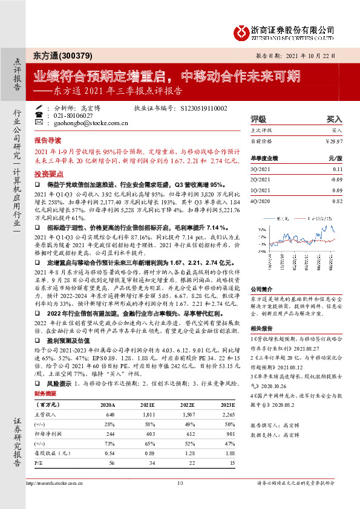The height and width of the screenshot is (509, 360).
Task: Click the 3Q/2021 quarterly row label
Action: pos(260,170)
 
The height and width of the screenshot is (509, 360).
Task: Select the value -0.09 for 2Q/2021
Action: pos(336,180)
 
